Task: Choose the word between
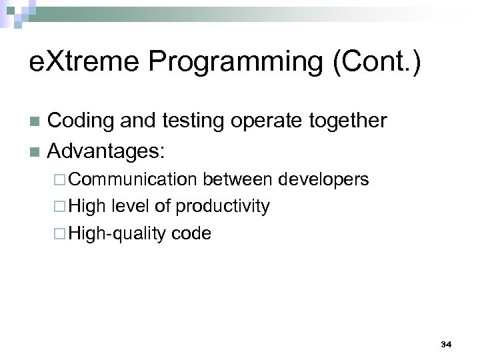point(238,179)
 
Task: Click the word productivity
point(223,207)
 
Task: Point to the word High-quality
point(118,233)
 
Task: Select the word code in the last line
point(191,233)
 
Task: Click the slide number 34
point(446,344)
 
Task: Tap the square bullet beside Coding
point(35,122)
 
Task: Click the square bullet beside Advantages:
point(35,151)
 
